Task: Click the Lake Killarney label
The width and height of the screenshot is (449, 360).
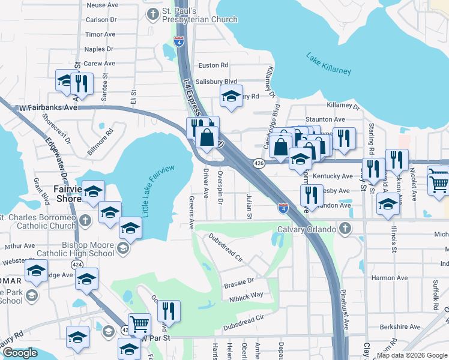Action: click(x=328, y=64)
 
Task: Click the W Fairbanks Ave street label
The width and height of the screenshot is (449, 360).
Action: click(x=49, y=107)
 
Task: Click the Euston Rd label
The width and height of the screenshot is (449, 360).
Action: click(x=214, y=65)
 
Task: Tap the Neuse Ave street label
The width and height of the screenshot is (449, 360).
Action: click(x=103, y=5)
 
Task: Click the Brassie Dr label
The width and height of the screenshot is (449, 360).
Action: click(x=238, y=280)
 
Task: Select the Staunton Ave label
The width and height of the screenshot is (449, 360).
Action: click(x=325, y=119)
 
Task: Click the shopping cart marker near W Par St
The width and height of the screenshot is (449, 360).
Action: click(x=139, y=324)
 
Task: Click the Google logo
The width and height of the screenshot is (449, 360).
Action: click(x=20, y=353)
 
